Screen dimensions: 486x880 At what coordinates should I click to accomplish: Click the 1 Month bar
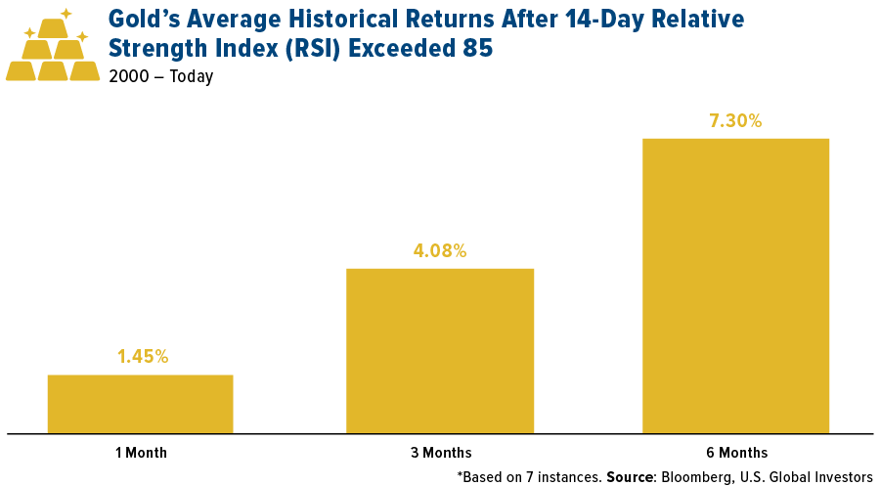pyautogui.click(x=140, y=403)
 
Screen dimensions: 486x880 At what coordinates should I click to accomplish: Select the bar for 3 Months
pyautogui.click(x=440, y=350)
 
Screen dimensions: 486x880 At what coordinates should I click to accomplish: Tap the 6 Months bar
pyautogui.click(x=735, y=285)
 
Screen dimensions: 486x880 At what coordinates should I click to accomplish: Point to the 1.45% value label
pyautogui.click(x=143, y=357)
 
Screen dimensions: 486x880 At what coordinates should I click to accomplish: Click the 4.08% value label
pyautogui.click(x=440, y=251)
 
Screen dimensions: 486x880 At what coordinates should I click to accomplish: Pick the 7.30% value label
pyautogui.click(x=735, y=121)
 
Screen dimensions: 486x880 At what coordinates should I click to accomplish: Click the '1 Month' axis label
pyautogui.click(x=141, y=453)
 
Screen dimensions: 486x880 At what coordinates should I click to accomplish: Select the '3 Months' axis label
pyautogui.click(x=441, y=453)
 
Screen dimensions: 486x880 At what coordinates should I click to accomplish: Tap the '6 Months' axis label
pyautogui.click(x=736, y=453)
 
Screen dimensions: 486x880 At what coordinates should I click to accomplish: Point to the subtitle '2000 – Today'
pyautogui.click(x=161, y=76)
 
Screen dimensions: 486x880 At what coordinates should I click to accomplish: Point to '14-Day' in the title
pyautogui.click(x=583, y=20)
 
